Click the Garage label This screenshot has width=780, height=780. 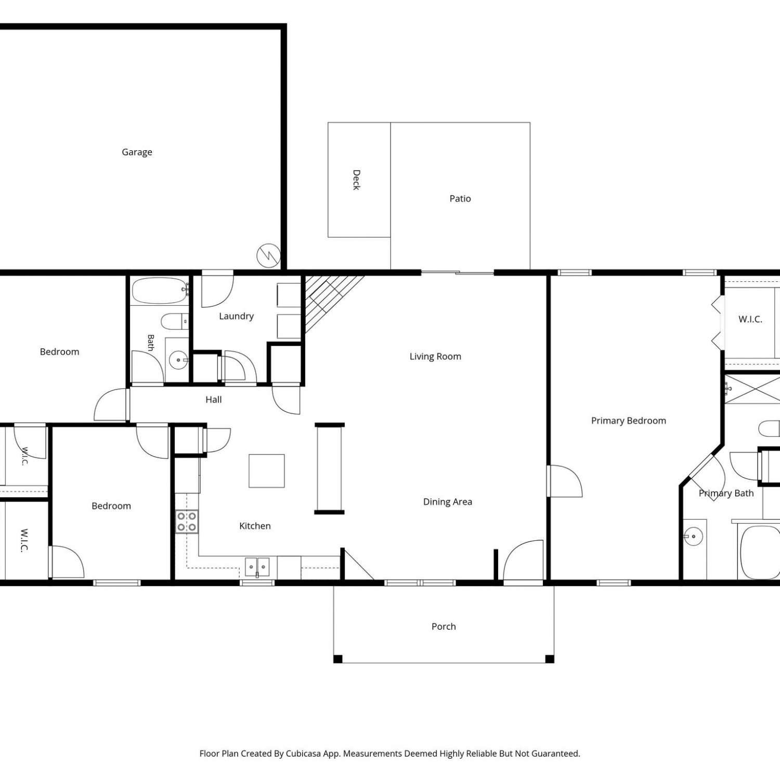coord(137,152)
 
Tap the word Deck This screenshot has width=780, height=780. coord(356,180)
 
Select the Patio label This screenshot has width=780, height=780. coord(460,199)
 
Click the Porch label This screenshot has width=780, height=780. coord(444,627)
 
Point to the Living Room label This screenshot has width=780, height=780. coord(435,357)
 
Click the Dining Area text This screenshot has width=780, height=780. coord(448,502)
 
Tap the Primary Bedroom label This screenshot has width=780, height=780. coord(629,421)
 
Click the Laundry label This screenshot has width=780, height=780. coord(236,316)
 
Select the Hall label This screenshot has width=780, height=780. coord(214,399)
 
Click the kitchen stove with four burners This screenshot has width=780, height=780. coord(187,522)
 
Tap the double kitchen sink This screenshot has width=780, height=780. coord(257,567)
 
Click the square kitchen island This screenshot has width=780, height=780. coord(267,471)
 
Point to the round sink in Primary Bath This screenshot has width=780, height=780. coord(693,536)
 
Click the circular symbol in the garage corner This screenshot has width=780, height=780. coord(269,255)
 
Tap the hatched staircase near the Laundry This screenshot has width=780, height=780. coord(328,302)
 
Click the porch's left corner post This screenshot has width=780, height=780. coord(338,659)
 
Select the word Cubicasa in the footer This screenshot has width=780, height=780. coord(303,753)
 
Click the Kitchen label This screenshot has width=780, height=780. coord(255,526)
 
